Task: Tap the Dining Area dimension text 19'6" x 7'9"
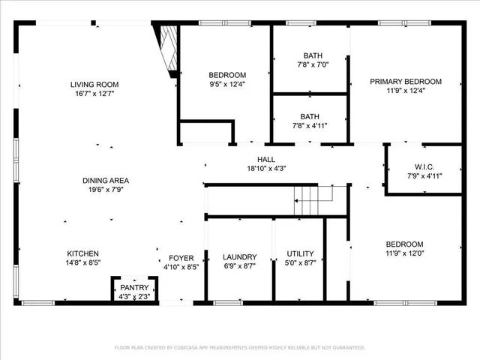(x=106, y=190)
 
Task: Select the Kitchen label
(x=82, y=253)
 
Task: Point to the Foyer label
(x=181, y=256)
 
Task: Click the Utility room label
(x=300, y=253)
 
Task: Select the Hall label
(x=266, y=159)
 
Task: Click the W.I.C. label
(x=424, y=166)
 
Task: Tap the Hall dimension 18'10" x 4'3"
(x=266, y=169)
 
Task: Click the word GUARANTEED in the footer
(x=346, y=348)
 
